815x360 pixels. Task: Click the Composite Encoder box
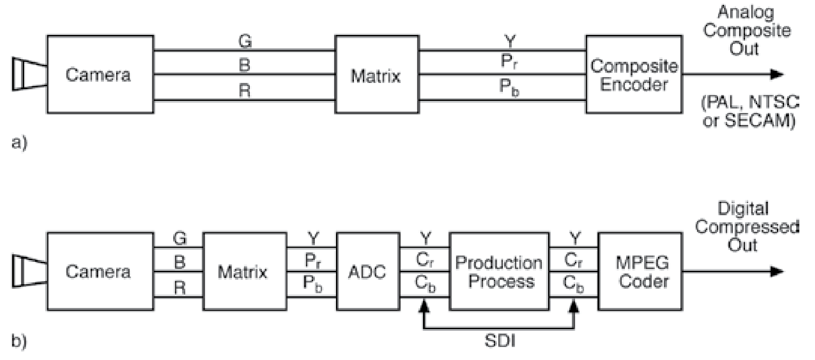coord(633,74)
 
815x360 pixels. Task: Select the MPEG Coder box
coord(640,271)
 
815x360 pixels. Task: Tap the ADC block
coord(367,271)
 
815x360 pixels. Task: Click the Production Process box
coord(499,271)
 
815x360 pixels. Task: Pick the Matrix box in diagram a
coord(376,75)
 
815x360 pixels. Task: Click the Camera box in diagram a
coord(100,74)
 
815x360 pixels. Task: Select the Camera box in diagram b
coord(100,271)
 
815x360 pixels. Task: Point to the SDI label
coord(499,341)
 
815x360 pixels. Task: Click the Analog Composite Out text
coord(745,30)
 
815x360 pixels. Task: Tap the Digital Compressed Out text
coord(745,227)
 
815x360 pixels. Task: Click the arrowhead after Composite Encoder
coord(776,74)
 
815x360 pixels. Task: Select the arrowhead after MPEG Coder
coord(776,271)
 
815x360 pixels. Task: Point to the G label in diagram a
coord(244,42)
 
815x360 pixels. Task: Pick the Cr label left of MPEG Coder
coord(573,260)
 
